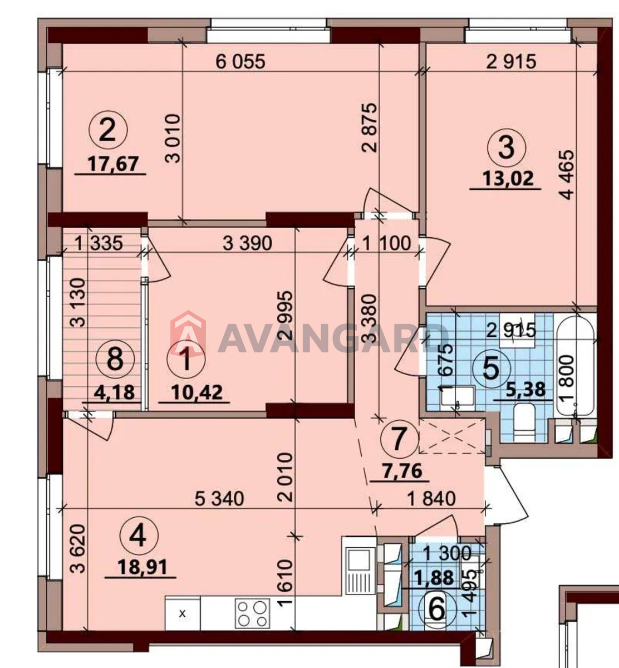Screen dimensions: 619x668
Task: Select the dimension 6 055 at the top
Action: click(240, 62)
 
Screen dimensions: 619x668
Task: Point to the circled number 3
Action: click(506, 149)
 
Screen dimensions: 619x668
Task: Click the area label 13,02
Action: click(508, 179)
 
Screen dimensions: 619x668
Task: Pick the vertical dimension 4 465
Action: click(567, 175)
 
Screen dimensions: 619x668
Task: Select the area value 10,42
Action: click(197, 393)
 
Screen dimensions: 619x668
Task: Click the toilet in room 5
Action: click(524, 423)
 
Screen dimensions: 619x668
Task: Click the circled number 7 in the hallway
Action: click(399, 439)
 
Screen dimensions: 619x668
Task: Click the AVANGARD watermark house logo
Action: click(188, 333)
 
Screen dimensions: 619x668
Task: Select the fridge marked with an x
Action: click(183, 613)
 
